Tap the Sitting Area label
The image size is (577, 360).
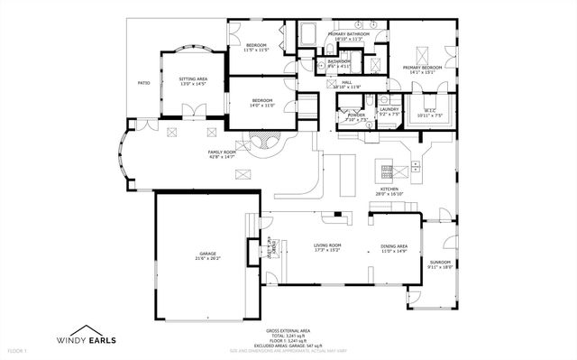[x=193, y=81]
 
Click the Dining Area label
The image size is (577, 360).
[x=394, y=247]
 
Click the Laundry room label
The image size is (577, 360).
[x=389, y=112]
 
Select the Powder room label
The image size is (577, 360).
[x=356, y=116]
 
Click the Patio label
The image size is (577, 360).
[x=143, y=83]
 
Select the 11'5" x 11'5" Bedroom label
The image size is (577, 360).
[x=257, y=47]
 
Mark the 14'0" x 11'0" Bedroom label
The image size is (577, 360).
[x=262, y=102]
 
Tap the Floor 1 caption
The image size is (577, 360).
[x=17, y=349]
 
